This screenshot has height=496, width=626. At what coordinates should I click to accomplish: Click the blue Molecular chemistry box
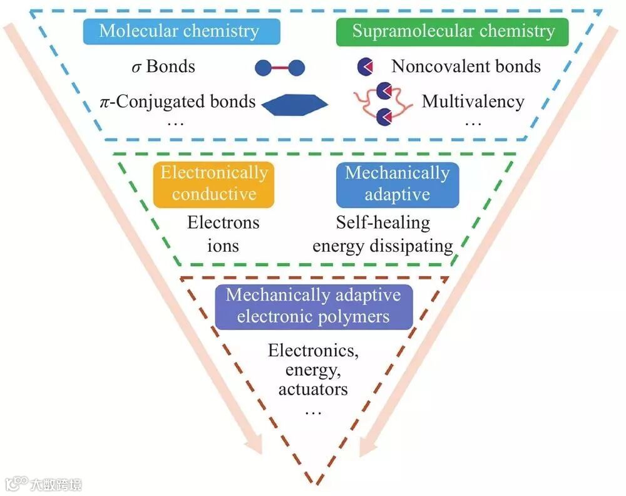178,31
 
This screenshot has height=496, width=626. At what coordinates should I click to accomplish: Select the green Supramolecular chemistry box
453,31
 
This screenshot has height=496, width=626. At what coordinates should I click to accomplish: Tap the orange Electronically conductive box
214,183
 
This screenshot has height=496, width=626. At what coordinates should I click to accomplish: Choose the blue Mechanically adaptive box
397,183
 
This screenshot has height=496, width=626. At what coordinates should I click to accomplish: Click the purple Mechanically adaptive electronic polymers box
313,306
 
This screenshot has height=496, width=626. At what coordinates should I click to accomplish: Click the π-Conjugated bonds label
178,101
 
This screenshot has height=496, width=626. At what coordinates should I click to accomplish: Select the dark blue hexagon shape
294,105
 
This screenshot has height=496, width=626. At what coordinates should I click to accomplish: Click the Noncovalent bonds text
466,66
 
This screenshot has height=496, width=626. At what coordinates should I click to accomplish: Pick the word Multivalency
473,101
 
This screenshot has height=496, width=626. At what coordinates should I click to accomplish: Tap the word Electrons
223,222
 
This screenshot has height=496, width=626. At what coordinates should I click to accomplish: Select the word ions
223,245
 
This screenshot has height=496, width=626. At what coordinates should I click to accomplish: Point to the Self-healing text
383,222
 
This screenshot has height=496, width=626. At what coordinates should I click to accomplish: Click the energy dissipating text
382,245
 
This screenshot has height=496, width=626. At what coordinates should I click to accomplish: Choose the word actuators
313,389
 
